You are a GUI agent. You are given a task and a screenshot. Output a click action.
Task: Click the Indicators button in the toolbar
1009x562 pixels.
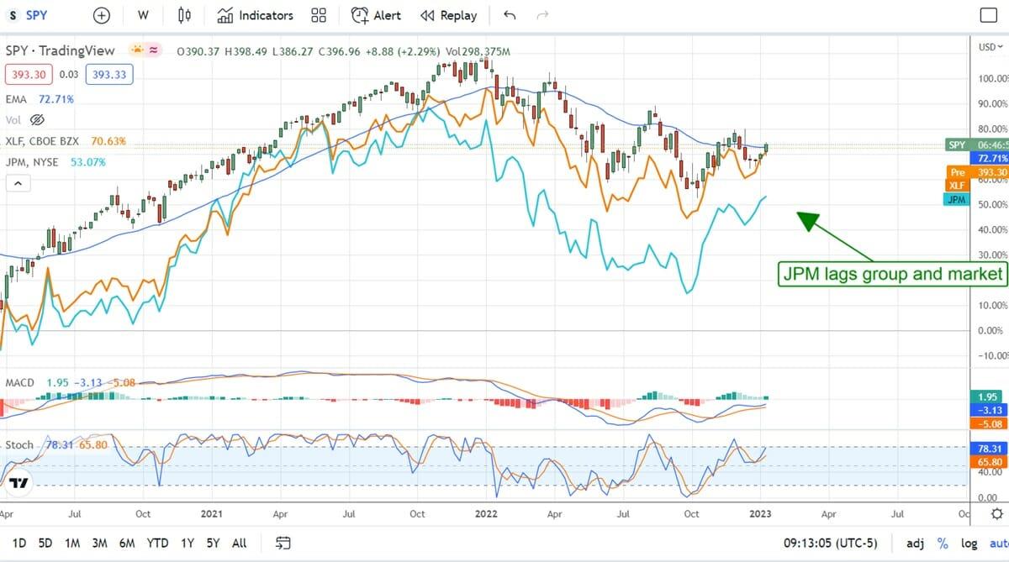pos(256,15)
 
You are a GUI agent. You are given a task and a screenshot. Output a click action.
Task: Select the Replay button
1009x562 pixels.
pos(448,15)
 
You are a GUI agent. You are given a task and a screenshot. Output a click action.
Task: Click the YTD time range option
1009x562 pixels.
pos(157,543)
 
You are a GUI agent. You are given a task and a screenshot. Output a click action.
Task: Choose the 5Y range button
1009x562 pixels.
pos(213,543)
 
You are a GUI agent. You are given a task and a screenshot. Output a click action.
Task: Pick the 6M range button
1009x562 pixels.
pos(127,543)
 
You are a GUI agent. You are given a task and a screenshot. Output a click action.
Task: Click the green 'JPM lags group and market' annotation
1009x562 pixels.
pos(892,274)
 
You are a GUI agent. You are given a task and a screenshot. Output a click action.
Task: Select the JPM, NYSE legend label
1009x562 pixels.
pos(33,162)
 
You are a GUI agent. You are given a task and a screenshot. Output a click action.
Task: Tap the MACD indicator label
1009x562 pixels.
pos(20,383)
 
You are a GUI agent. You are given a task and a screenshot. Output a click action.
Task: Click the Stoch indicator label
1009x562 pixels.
pos(19,444)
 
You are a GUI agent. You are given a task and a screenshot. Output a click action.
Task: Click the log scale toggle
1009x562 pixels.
pos(969,543)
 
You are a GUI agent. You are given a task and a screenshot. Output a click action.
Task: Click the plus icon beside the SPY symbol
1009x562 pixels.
pos(102,15)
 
